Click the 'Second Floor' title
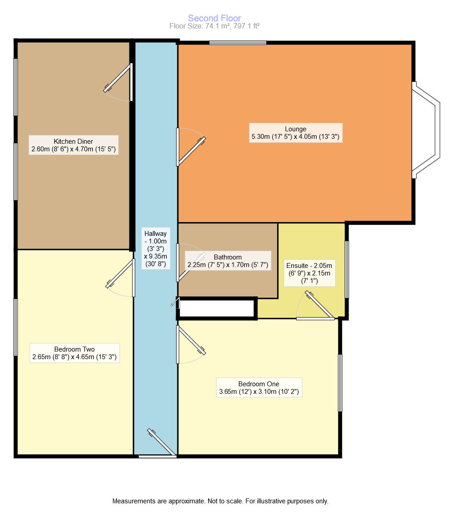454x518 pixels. click(x=214, y=18)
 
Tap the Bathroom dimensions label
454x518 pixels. click(x=228, y=261)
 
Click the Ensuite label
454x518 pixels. click(x=309, y=273)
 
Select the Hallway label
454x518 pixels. click(x=155, y=248)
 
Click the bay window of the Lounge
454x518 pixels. click(x=427, y=130)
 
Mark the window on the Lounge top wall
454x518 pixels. click(x=238, y=43)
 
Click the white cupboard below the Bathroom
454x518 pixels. click(x=217, y=308)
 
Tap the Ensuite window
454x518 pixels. click(x=347, y=269)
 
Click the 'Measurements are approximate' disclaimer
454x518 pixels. click(x=220, y=501)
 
